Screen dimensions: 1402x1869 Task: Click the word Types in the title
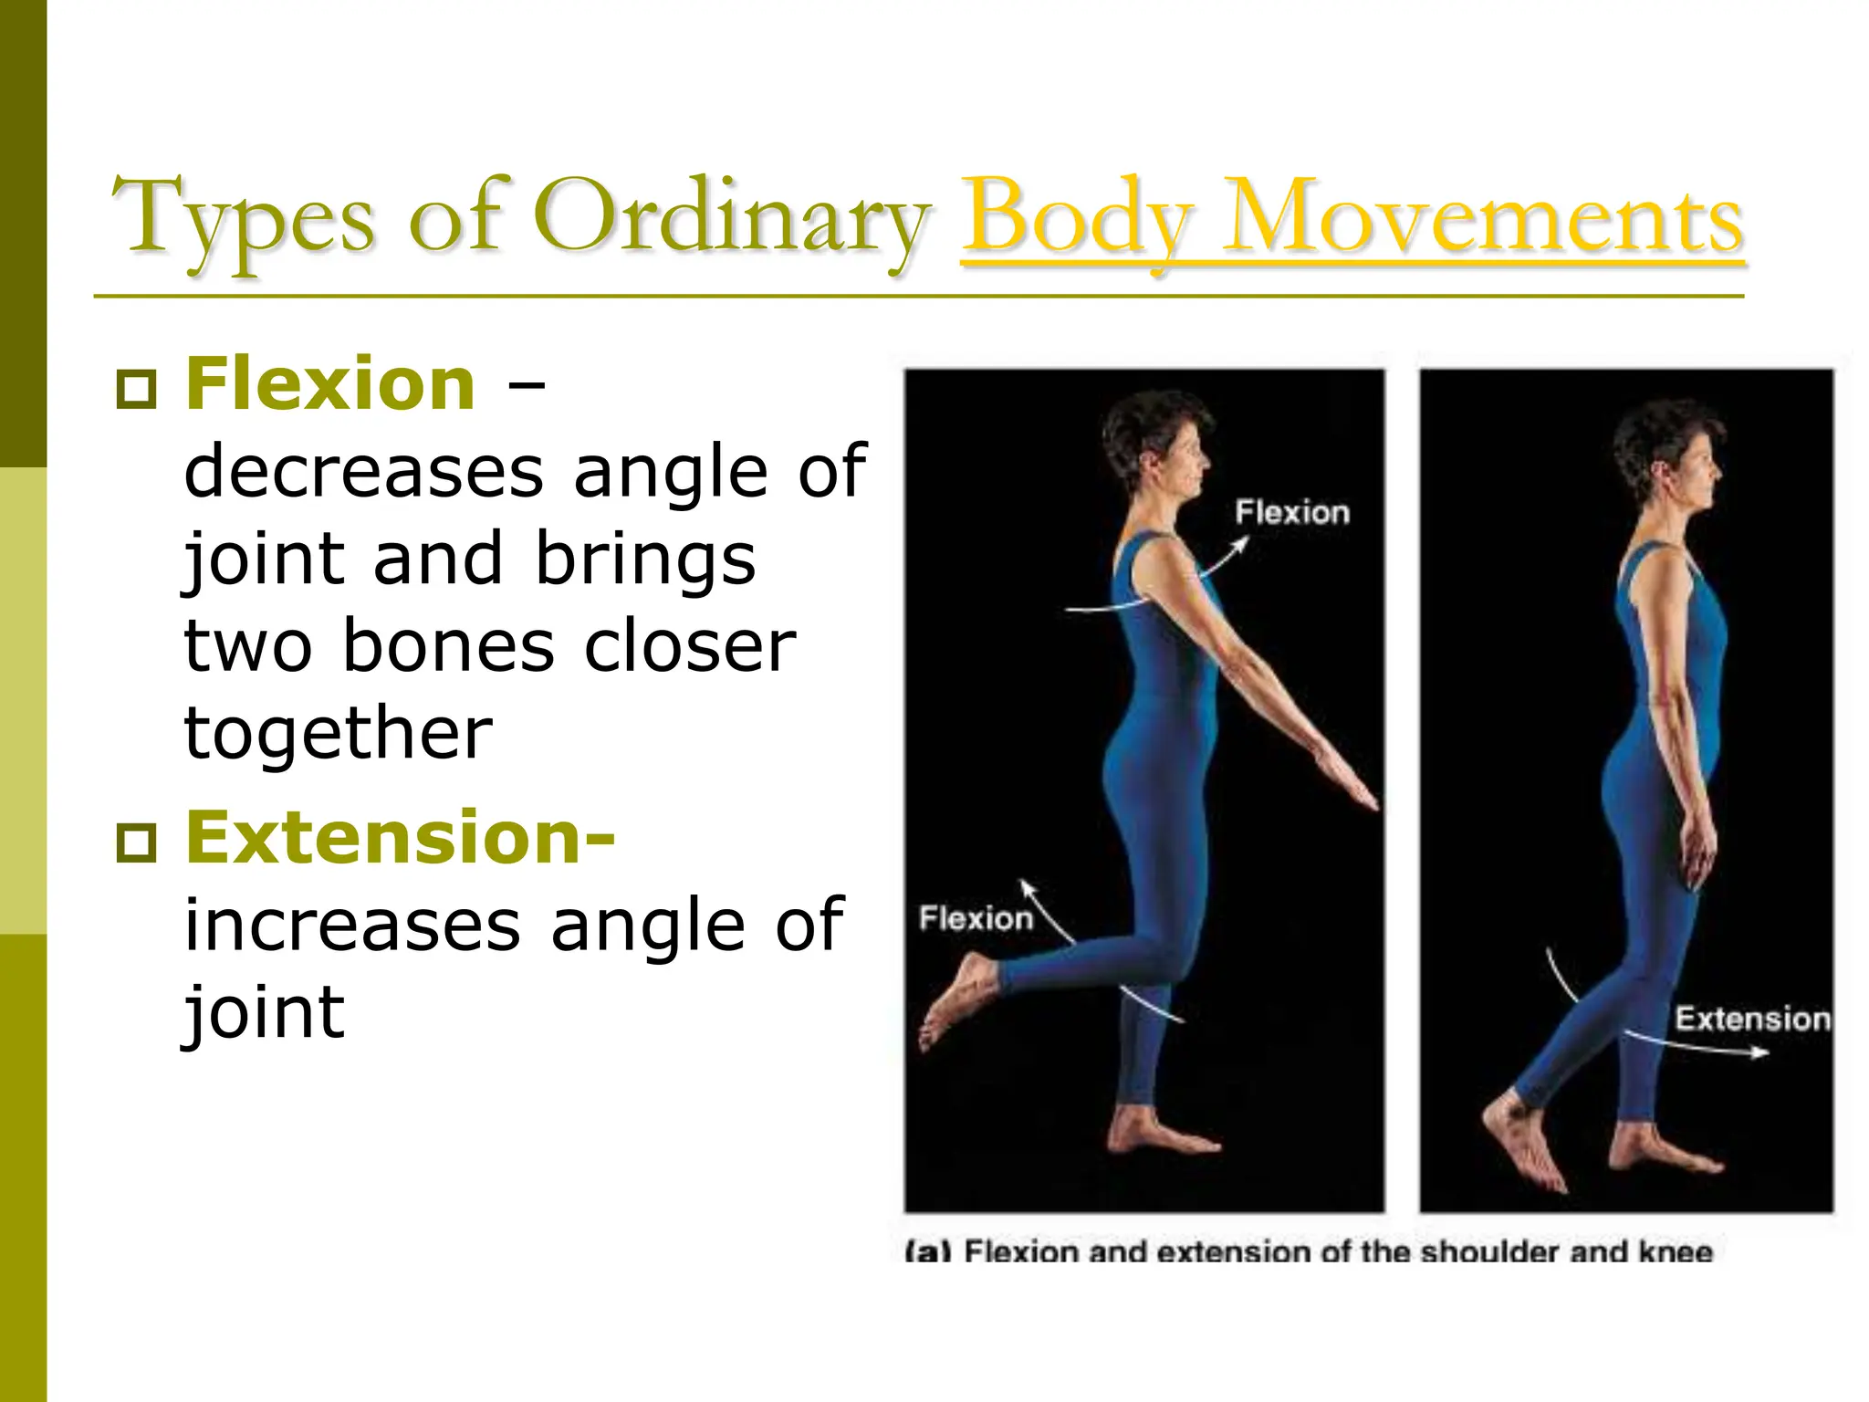(242, 219)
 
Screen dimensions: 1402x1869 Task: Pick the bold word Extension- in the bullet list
(400, 837)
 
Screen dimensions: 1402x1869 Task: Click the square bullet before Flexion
(137, 390)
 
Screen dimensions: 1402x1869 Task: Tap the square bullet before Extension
(137, 842)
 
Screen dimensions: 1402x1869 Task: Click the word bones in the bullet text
(448, 646)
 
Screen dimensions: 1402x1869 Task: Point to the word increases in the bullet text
(353, 926)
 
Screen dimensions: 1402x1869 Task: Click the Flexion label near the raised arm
(1291, 513)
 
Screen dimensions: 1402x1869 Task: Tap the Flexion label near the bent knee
(975, 918)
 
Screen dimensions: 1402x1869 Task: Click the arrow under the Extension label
(1697, 1047)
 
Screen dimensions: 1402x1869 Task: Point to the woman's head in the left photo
(1159, 443)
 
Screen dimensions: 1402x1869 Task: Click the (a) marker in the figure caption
(927, 1251)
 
